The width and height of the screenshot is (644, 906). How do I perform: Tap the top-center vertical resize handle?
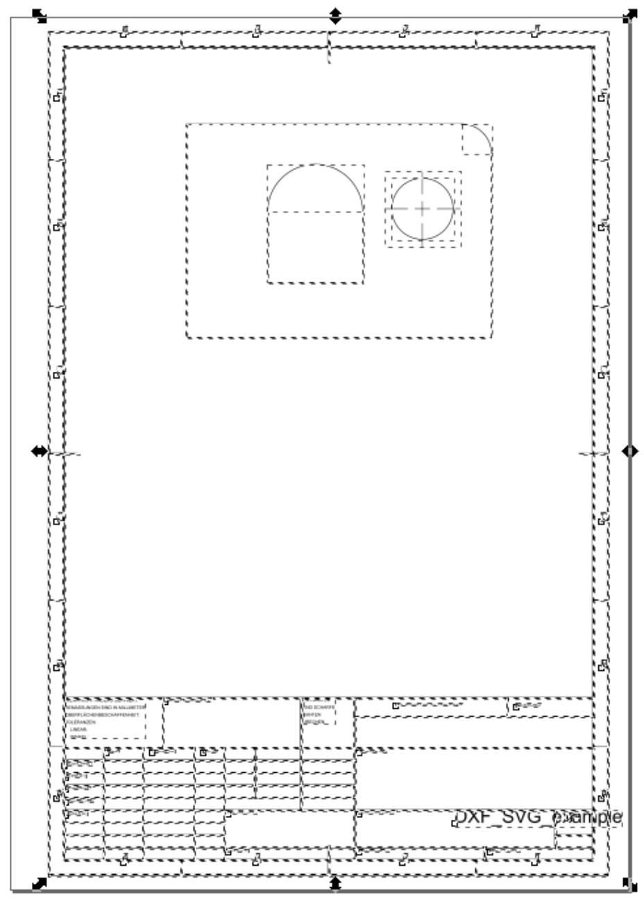tap(335, 15)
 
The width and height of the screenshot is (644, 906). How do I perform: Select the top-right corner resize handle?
tap(629, 15)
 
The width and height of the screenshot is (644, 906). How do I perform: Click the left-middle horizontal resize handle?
tap(39, 452)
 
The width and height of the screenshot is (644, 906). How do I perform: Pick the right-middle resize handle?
tap(629, 452)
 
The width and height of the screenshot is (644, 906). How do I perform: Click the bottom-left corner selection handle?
tap(39, 884)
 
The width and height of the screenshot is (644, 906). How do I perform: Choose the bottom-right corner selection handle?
tap(629, 884)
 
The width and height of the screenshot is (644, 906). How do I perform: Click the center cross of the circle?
tap(423, 207)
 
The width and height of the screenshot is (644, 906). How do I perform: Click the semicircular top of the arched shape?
tap(316, 166)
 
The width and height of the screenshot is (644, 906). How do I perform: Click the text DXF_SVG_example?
tap(538, 819)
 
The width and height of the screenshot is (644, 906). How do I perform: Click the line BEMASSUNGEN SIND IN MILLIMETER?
tap(104, 708)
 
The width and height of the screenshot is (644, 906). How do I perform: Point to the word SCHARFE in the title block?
tap(323, 708)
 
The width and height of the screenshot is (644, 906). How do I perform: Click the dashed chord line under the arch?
tap(316, 211)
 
